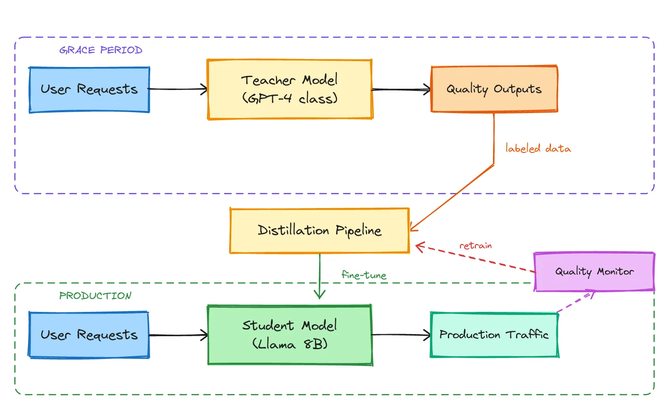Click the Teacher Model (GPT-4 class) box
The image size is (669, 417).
(x=289, y=89)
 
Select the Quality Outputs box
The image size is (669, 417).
(x=494, y=89)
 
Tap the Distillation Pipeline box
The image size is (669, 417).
(x=319, y=231)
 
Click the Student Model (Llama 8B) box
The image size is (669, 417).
(x=289, y=335)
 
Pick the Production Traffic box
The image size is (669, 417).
(x=494, y=335)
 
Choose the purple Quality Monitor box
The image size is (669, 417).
(x=594, y=271)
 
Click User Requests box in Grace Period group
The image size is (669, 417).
(x=89, y=90)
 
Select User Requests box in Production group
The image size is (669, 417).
(x=89, y=335)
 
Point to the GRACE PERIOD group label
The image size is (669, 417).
(x=101, y=50)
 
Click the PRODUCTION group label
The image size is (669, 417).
(x=95, y=296)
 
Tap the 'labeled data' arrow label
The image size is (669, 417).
(x=538, y=149)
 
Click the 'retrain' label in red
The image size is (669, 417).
(x=475, y=246)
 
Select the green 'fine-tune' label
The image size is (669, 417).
(x=364, y=275)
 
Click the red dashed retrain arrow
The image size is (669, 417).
(x=477, y=258)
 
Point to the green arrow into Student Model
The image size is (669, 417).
(x=320, y=276)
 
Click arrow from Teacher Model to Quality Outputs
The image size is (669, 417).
(x=401, y=90)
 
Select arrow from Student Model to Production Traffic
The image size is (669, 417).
(x=401, y=335)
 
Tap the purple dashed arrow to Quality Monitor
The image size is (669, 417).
(x=575, y=302)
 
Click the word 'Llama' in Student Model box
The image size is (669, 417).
(x=276, y=345)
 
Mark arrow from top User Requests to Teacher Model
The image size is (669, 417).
(x=178, y=89)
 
